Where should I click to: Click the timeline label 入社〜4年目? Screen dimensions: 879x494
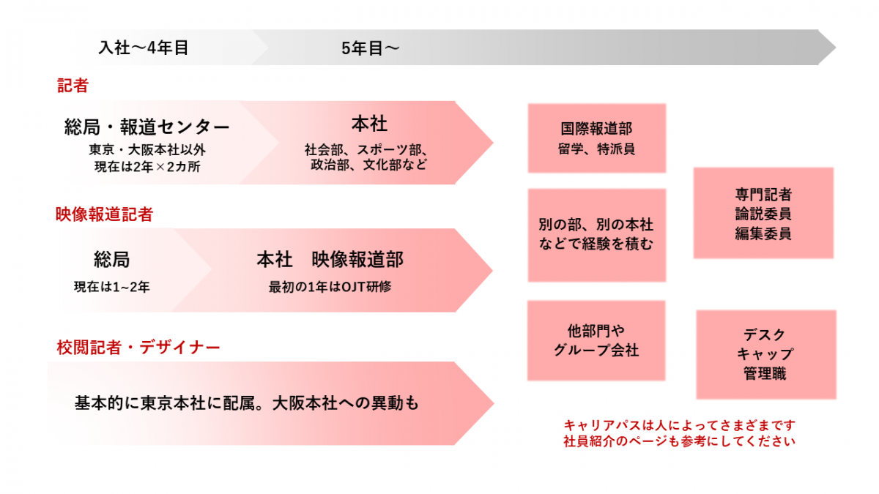[x=144, y=48]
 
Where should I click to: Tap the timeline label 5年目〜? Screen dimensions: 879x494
[x=370, y=48]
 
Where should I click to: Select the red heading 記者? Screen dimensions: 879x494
[x=73, y=86]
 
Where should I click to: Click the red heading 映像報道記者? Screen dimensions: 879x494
[x=104, y=214]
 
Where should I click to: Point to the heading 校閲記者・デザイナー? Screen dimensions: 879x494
[x=138, y=348]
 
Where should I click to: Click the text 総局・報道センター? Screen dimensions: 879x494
[x=146, y=127]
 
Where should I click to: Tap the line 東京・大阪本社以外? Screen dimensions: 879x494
[x=147, y=149]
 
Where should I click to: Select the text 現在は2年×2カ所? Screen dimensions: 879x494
[x=147, y=167]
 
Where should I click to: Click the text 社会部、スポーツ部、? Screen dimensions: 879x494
[x=366, y=149]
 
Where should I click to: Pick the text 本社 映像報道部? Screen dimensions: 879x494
[x=330, y=260]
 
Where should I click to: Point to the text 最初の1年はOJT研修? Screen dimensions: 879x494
[x=330, y=287]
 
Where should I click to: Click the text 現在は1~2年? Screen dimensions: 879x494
[x=112, y=287]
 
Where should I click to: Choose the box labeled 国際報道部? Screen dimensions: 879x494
[x=597, y=138]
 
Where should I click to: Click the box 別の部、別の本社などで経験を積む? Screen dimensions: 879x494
[x=597, y=235]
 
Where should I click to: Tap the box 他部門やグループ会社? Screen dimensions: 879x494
[x=596, y=341]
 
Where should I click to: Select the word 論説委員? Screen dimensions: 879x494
[x=763, y=214]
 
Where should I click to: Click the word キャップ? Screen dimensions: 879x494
[x=765, y=354]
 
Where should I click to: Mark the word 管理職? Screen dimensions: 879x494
[x=765, y=373]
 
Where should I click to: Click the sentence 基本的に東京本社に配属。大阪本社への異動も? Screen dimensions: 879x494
[x=247, y=403]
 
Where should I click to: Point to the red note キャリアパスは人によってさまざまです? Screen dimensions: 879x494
[x=680, y=425]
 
